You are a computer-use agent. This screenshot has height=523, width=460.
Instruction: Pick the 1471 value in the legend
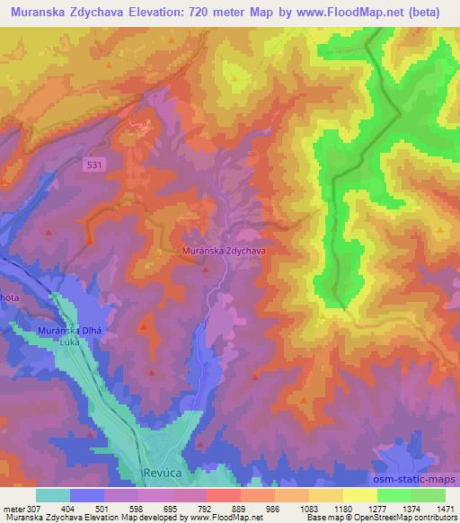pos(445,508)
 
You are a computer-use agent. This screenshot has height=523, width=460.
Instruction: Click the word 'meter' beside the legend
pos(13,508)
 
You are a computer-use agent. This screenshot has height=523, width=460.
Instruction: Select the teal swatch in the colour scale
pos(53,495)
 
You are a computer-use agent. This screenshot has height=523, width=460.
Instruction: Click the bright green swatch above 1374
pos(394,495)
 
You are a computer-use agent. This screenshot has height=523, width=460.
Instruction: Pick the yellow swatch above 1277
pos(360,495)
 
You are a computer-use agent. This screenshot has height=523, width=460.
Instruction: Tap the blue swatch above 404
pos(87,495)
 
